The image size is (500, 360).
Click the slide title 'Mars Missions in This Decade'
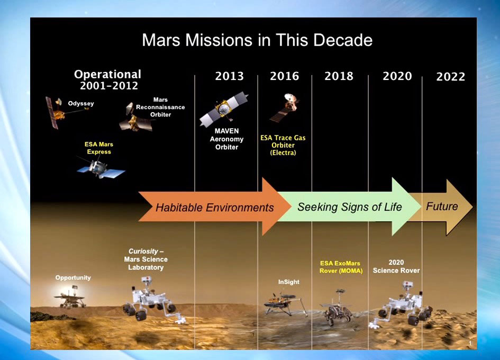click(257, 40)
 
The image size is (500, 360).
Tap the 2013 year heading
click(229, 76)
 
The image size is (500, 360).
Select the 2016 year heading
click(285, 76)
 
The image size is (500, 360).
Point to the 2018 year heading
click(339, 76)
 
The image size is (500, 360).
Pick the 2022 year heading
click(451, 77)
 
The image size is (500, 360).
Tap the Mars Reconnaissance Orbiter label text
click(160, 107)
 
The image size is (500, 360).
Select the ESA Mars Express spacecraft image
click(101, 168)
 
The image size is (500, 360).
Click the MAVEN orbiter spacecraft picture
click(224, 109)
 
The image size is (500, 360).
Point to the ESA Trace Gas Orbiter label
click(283, 145)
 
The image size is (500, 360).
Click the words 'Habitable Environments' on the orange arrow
click(215, 208)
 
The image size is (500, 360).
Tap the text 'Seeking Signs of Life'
click(350, 207)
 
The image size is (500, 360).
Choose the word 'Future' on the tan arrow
click(442, 206)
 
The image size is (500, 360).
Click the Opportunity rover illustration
click(70, 298)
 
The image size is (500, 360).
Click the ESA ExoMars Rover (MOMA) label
click(341, 267)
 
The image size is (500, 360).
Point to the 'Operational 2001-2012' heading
click(108, 80)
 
